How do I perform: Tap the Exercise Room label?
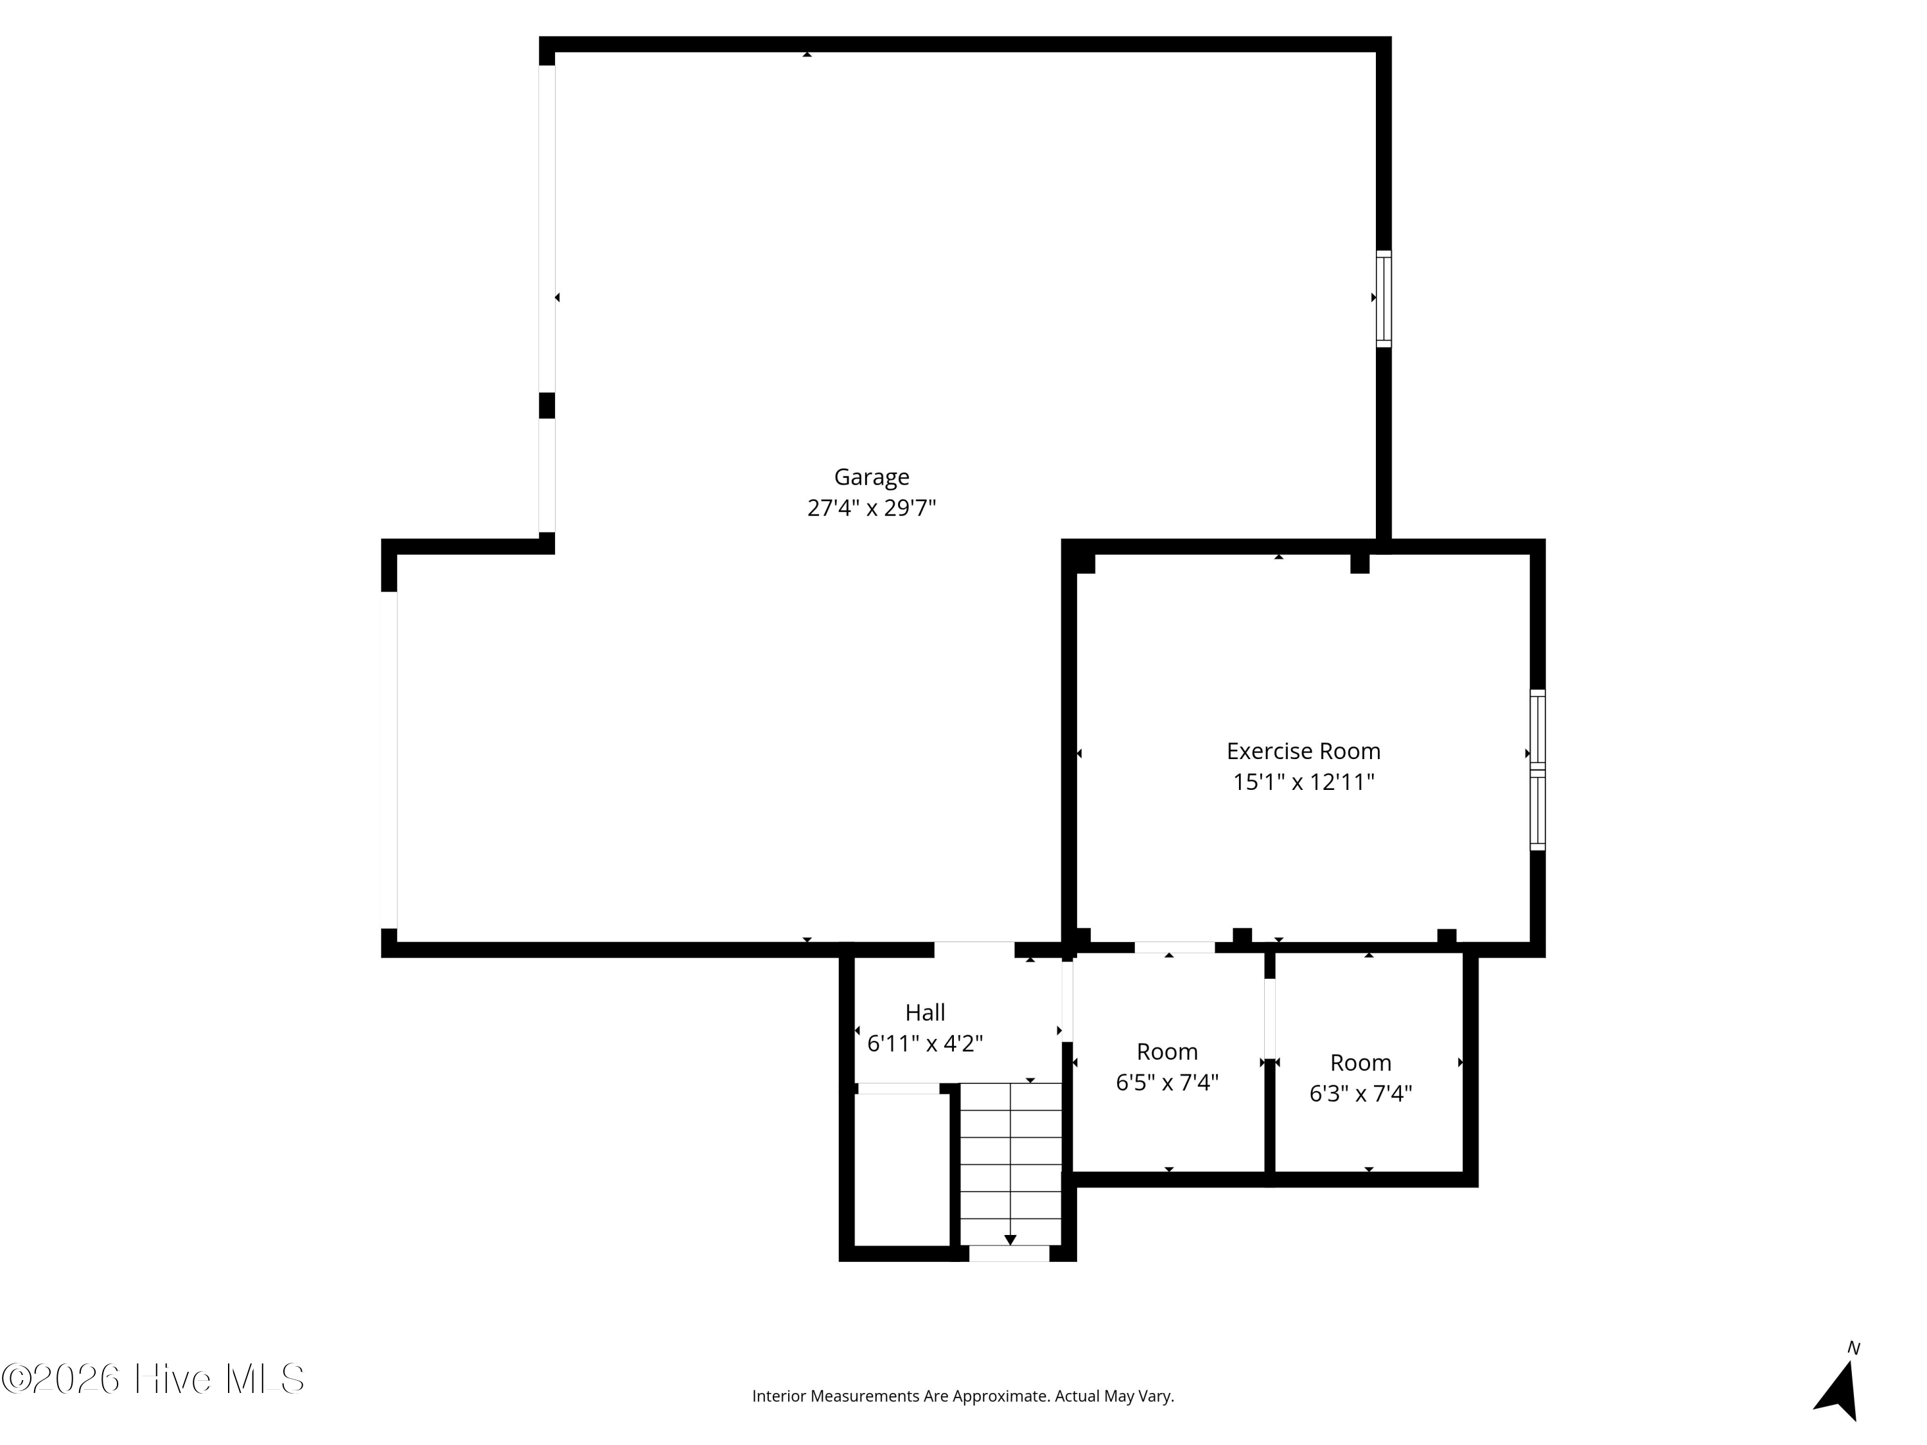pos(1303,751)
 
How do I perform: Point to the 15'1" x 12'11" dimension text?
pos(1303,782)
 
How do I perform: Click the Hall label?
pos(925,1012)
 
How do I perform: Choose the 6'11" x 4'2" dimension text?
pos(925,1044)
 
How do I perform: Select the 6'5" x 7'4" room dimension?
pos(1167,1083)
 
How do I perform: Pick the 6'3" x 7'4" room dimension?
pos(1360,1093)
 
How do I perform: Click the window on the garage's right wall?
pos(1384,299)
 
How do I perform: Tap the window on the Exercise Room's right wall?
pos(1538,770)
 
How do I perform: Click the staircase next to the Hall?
pos(1010,1164)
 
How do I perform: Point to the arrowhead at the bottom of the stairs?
pos(1010,1239)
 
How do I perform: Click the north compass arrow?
pos(1838,1392)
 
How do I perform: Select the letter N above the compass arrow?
pos(1854,1348)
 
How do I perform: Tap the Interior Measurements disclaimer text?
pos(963,1396)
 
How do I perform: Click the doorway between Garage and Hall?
pos(974,949)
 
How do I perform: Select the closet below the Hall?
pos(902,1169)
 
